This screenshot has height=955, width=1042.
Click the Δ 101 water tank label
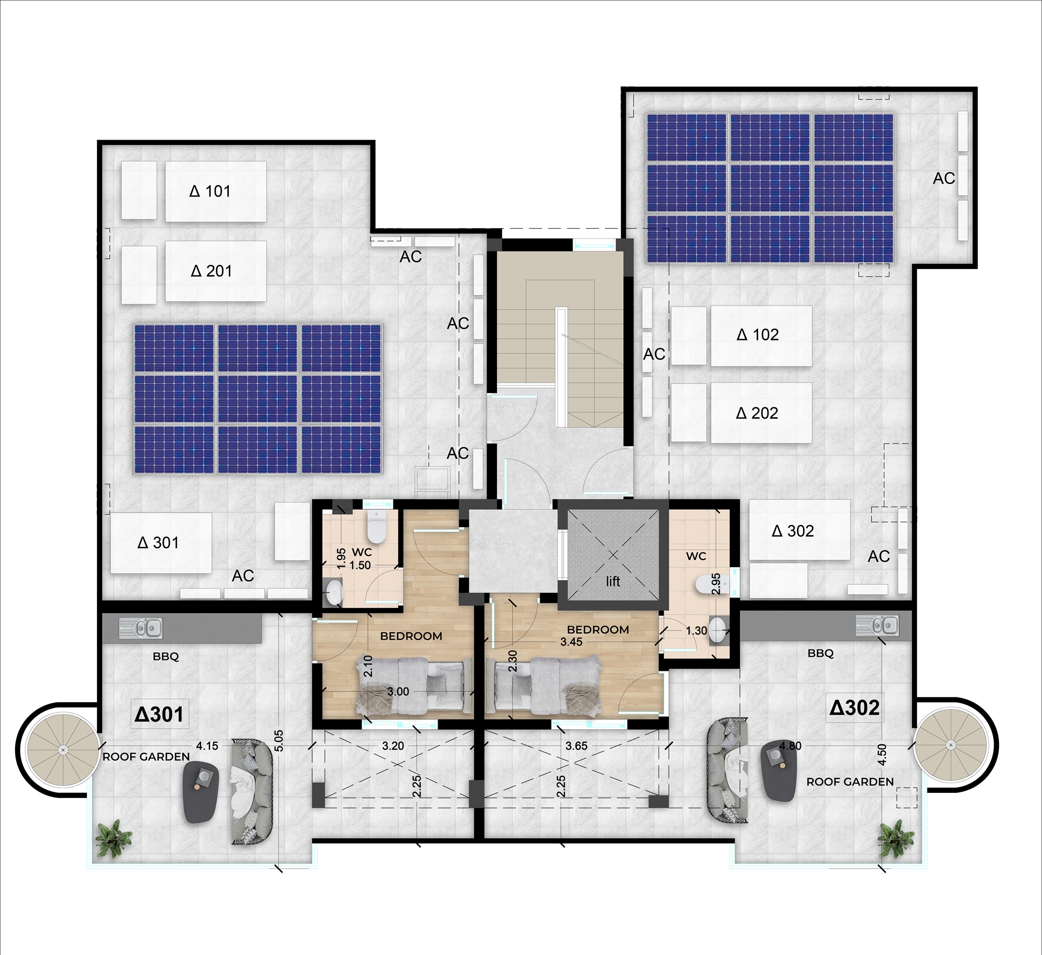coord(210,191)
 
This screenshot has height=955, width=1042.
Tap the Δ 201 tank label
coord(211,271)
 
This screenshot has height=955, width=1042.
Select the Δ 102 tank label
coord(758,335)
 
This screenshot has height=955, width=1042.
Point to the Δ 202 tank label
coord(757,413)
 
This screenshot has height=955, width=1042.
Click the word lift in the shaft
coord(613,581)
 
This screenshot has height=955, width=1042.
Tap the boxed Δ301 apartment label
coord(159,714)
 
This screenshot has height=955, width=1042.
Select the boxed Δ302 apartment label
coord(854,707)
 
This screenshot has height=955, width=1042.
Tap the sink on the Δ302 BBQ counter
coord(877,625)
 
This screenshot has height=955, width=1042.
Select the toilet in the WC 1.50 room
coord(376,526)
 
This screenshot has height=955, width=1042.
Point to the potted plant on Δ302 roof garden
coord(896,838)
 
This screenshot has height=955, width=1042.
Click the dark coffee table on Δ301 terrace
coord(201,791)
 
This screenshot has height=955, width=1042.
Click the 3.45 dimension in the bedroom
coord(571,642)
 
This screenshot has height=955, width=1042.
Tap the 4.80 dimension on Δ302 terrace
coord(790,746)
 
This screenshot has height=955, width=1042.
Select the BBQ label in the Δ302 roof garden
coord(821,653)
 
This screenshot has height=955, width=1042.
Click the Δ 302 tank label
coord(792,531)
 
